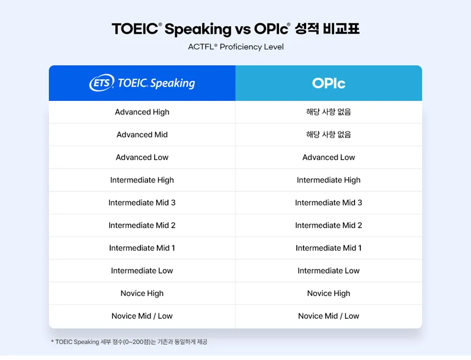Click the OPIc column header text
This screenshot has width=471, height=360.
(x=329, y=83)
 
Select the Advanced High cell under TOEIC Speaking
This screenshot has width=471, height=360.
(x=142, y=112)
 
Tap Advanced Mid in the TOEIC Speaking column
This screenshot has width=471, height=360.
(x=142, y=135)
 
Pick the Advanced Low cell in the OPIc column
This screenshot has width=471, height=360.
(x=329, y=157)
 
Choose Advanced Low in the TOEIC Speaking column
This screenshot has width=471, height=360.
(x=142, y=157)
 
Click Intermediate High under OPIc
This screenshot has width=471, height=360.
(x=329, y=180)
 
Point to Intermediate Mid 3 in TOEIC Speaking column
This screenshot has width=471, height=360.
(x=142, y=202)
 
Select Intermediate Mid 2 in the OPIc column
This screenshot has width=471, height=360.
(x=329, y=225)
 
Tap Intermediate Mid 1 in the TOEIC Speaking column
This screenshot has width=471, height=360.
(x=142, y=248)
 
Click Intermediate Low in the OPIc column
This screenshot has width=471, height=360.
(x=329, y=271)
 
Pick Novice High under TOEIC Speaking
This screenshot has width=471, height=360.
(x=142, y=293)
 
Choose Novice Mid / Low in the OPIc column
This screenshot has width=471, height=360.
(x=329, y=316)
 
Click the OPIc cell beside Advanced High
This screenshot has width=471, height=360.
(x=329, y=112)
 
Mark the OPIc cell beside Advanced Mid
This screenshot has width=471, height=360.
(x=329, y=135)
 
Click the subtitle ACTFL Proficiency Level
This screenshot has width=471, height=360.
(x=235, y=47)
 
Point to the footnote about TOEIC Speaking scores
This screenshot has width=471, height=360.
(x=133, y=342)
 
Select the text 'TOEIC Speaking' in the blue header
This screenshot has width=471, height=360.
(x=156, y=83)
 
